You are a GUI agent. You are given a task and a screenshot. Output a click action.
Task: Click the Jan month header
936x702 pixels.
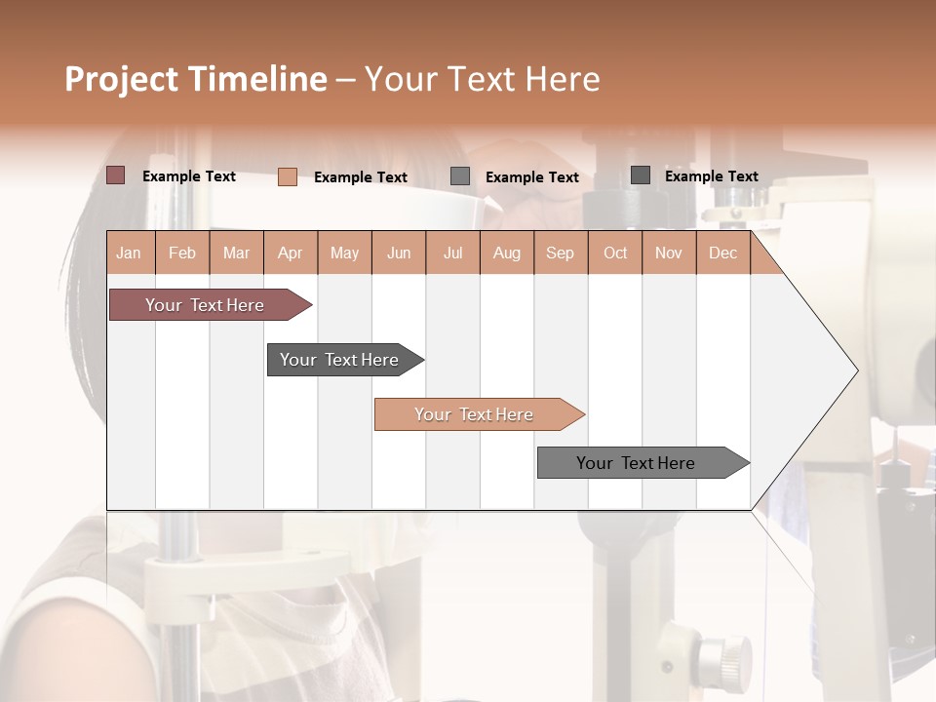[x=129, y=253]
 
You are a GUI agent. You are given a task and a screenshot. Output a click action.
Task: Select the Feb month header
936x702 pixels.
[x=182, y=253]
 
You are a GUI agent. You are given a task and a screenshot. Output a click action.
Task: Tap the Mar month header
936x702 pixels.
[x=236, y=253]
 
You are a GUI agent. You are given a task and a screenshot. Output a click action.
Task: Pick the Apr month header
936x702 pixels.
[x=291, y=253]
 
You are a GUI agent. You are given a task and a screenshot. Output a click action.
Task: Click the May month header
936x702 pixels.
[x=344, y=253]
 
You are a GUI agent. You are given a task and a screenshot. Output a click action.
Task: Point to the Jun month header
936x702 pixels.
[x=399, y=253]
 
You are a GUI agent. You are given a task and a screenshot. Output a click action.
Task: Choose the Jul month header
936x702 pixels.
[x=452, y=253]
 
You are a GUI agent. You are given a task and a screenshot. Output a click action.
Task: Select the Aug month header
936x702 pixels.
[x=507, y=253]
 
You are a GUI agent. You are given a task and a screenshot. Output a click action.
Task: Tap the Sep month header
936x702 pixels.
[x=561, y=253]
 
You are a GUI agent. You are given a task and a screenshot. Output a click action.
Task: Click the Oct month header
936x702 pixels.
[x=615, y=253]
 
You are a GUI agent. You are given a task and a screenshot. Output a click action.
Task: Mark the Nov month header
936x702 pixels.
[x=669, y=253]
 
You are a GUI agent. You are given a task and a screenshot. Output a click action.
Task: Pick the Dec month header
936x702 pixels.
[x=723, y=253]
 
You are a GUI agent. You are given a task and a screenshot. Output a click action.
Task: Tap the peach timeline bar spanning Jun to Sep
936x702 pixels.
[x=475, y=414]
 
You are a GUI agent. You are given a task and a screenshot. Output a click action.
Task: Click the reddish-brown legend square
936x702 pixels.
[x=116, y=175]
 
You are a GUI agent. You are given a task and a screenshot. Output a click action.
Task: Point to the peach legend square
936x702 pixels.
[x=288, y=176]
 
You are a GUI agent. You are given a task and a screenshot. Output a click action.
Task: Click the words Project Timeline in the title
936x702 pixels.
[x=196, y=79]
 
